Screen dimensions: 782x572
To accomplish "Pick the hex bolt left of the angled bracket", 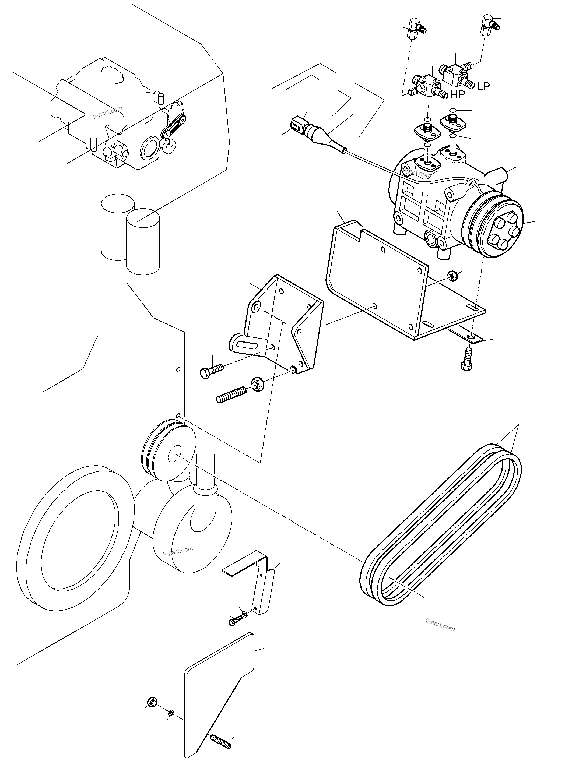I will [211, 370].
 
